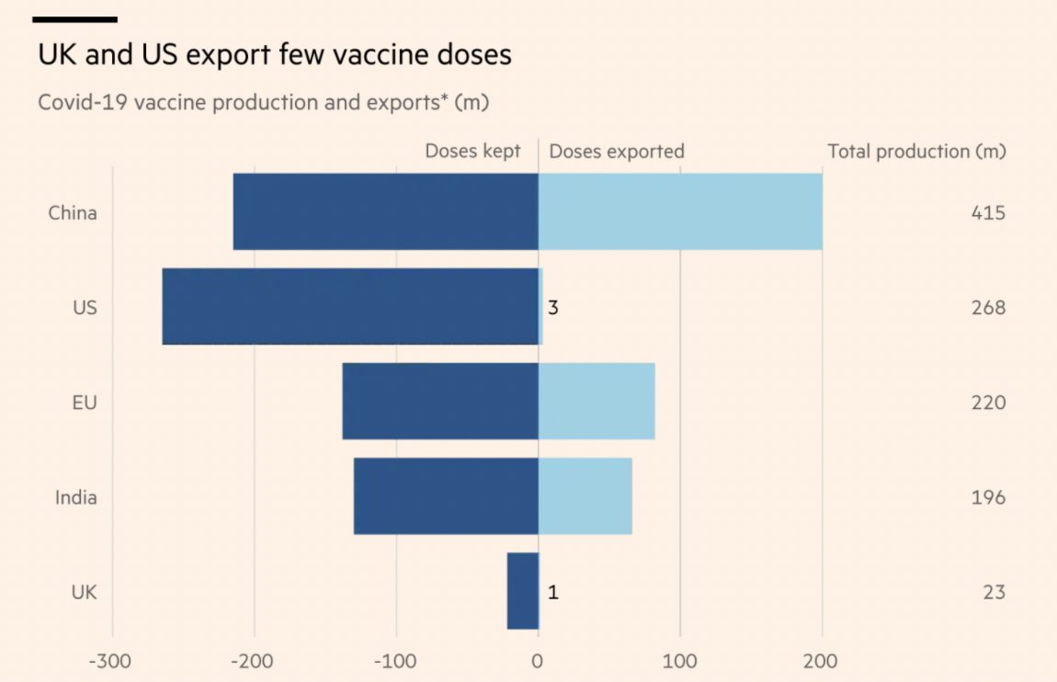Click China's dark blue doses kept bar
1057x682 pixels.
click(x=385, y=211)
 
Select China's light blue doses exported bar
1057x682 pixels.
click(x=680, y=211)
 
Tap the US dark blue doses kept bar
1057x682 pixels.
click(x=350, y=307)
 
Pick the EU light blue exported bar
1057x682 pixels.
click(x=597, y=402)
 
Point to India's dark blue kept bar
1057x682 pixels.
click(x=446, y=496)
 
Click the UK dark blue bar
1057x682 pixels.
click(x=523, y=591)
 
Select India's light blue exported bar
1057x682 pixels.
click(x=585, y=496)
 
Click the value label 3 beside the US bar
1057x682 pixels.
click(x=553, y=307)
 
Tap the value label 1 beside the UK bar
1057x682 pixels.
click(x=553, y=592)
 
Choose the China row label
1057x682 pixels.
click(x=73, y=213)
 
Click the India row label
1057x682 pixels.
click(x=76, y=497)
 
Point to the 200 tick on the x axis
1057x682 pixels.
click(x=821, y=661)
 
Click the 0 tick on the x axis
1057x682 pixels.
click(x=538, y=661)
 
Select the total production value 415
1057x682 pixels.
click(x=988, y=213)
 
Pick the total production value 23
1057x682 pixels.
click(x=993, y=592)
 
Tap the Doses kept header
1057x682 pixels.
click(x=472, y=151)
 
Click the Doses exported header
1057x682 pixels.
click(x=617, y=151)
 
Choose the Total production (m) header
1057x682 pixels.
click(x=916, y=151)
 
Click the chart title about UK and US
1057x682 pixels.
click(x=274, y=55)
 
